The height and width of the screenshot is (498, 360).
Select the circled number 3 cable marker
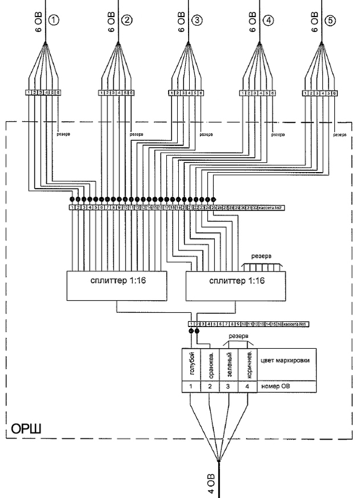(197, 21)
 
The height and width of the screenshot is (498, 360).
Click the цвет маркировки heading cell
(281, 359)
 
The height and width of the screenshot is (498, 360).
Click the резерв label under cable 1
(63, 136)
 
